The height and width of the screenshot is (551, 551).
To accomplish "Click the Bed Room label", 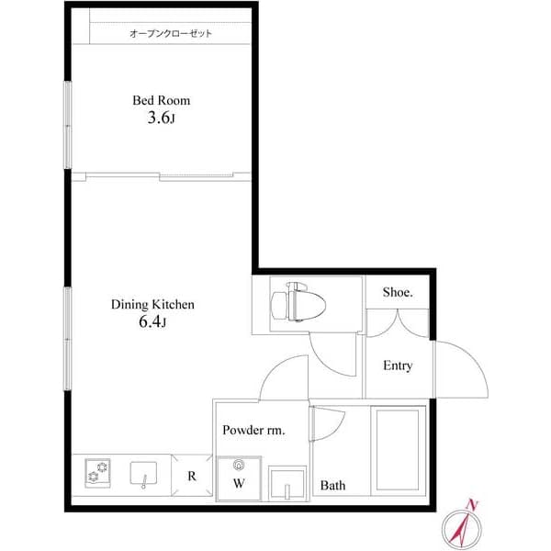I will click(x=161, y=100).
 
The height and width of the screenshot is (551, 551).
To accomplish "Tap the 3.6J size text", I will click(x=161, y=118).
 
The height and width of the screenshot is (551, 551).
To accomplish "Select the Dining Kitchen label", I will click(x=152, y=304).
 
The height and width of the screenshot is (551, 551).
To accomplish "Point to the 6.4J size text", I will click(x=152, y=322).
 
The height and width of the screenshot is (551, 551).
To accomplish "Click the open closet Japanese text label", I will click(x=171, y=34).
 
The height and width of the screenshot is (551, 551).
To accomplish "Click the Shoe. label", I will click(x=398, y=293).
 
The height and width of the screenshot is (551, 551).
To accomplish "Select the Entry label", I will click(x=398, y=365).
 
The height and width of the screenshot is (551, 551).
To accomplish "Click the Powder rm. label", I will click(x=253, y=430).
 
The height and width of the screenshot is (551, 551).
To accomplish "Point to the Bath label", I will click(x=332, y=485).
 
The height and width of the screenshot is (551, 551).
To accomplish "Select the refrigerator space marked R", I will click(x=192, y=476).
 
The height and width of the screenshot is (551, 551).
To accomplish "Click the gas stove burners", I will click(x=97, y=474).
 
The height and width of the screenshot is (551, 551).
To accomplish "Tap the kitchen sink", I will click(x=144, y=475).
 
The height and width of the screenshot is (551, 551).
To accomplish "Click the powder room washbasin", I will click(x=287, y=481).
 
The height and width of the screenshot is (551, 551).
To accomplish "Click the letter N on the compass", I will click(x=472, y=504).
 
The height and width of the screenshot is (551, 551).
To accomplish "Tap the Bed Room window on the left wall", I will click(x=67, y=126).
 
